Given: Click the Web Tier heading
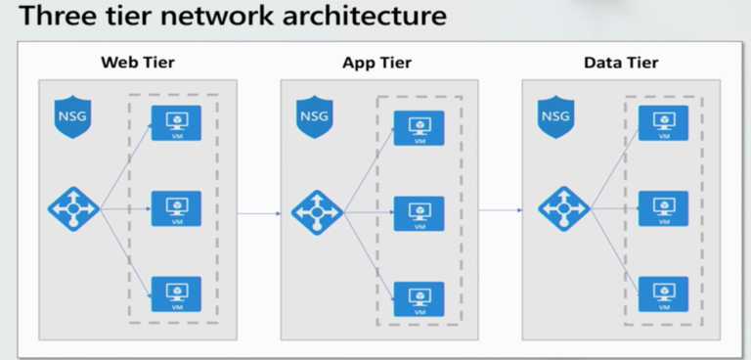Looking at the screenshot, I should coord(138,64).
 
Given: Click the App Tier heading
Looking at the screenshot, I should coord(376,64).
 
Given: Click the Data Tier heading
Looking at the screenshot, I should coord(620,64).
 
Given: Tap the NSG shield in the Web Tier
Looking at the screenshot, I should coord(72,117).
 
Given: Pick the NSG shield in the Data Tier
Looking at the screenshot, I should coord(555,117).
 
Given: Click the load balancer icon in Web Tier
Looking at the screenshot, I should coord(74,209).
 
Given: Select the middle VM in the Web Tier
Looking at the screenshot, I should coord(176,208).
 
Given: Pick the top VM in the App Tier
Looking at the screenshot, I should coord(419,128).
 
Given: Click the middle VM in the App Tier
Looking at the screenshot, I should coord(419,213).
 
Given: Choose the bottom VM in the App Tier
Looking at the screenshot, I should coord(419,298).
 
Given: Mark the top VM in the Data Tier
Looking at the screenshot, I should coord(663,123).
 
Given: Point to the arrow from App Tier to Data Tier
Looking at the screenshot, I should coord(501,210).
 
